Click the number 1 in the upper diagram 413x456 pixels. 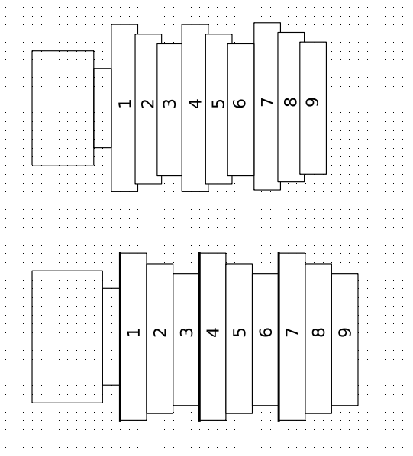[x=125, y=104]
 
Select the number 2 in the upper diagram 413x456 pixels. [x=148, y=104]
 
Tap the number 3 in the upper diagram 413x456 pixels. [x=169, y=104]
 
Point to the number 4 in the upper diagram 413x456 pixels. [x=195, y=104]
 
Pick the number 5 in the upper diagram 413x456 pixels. [x=218, y=104]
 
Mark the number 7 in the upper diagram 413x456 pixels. [x=267, y=102]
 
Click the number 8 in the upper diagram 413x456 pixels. [x=290, y=102]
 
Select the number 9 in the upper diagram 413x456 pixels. [x=312, y=102]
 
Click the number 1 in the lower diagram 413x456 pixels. [x=134, y=332]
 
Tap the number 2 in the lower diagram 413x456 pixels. [x=160, y=332]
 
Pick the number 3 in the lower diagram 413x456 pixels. [x=186, y=332]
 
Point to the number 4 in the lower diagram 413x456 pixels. [x=213, y=332]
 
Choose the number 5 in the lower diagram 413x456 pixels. [x=239, y=332]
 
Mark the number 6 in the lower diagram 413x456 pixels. [x=266, y=332]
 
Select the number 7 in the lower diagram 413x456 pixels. [x=292, y=332]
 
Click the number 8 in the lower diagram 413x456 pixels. [x=318, y=332]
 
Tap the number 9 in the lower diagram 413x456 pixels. [x=345, y=332]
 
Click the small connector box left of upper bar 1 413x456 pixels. [x=102, y=108]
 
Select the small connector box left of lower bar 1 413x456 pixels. [x=111, y=337]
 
